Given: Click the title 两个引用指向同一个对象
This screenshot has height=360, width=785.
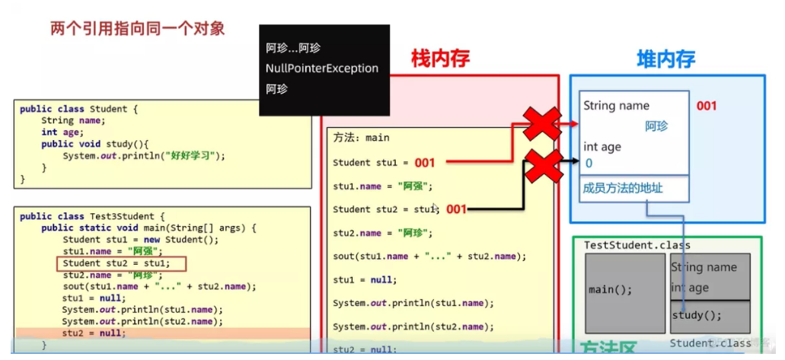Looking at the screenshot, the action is [x=137, y=30].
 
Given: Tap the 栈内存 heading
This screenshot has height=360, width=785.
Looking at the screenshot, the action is [x=440, y=58].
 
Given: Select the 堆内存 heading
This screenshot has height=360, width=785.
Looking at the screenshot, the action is [x=665, y=59].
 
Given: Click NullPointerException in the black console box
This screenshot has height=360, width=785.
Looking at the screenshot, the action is [x=321, y=68].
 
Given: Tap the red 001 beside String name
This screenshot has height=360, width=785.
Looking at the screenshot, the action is [x=707, y=106].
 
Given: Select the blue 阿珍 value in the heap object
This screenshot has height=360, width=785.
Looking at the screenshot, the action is [x=656, y=126].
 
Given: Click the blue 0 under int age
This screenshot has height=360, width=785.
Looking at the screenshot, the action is [x=589, y=163].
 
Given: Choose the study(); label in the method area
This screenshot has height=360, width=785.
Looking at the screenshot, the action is [x=697, y=315].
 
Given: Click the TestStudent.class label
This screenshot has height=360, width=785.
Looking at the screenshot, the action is [x=627, y=245].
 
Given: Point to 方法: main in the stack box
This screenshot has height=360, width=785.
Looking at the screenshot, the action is [x=362, y=138].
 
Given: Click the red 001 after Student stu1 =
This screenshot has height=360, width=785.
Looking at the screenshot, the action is [x=424, y=163].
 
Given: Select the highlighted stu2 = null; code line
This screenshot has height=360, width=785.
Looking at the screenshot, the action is [x=94, y=333].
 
